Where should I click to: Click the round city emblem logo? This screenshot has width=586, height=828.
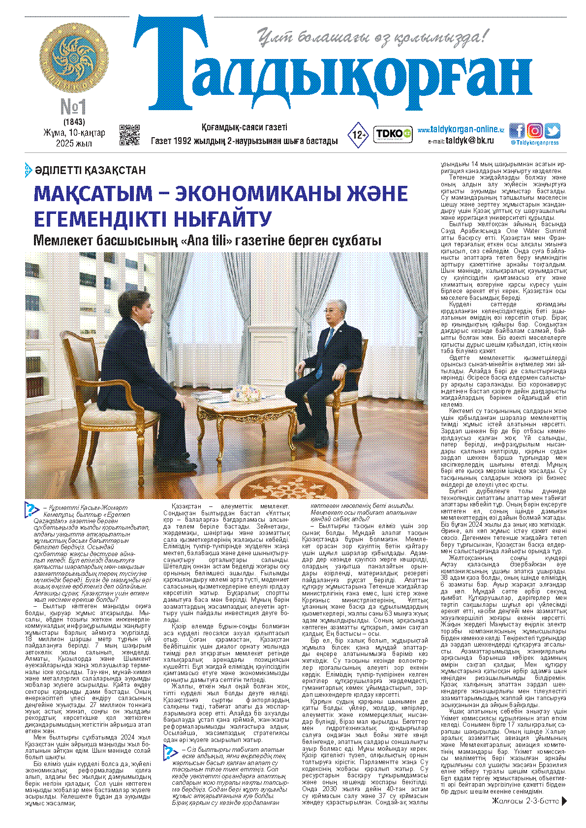(x=74, y=58)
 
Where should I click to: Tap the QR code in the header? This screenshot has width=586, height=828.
(x=129, y=135)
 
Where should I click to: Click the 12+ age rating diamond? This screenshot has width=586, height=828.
(x=358, y=135)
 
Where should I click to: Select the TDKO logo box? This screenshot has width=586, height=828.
(x=393, y=134)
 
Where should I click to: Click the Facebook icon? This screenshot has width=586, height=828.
(x=517, y=131)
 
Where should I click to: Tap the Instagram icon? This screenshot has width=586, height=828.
(x=534, y=131)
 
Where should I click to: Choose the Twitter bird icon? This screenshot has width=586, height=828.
(x=552, y=131)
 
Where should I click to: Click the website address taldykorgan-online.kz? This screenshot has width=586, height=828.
(x=461, y=130)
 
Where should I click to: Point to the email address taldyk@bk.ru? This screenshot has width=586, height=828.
(x=469, y=141)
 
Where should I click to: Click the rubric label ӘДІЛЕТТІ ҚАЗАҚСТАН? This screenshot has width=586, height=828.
(x=90, y=171)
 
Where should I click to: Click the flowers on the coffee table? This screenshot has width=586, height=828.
(x=246, y=392)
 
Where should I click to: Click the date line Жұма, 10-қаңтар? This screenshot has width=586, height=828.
(x=74, y=133)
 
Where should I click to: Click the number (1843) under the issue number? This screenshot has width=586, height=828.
(x=74, y=121)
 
